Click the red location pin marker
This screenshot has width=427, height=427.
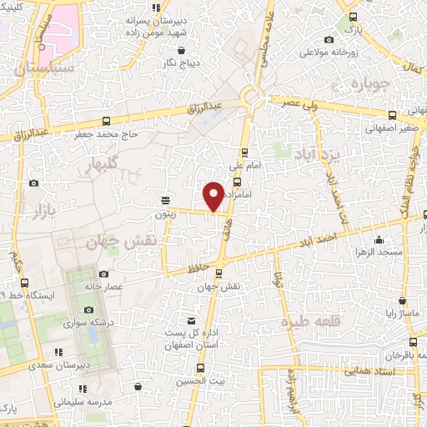(213, 195)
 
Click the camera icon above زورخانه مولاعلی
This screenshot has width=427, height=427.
(329, 39)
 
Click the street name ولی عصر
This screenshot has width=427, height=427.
(289, 102)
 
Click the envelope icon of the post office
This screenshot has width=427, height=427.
(192, 321)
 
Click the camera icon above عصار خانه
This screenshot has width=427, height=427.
(103, 274)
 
